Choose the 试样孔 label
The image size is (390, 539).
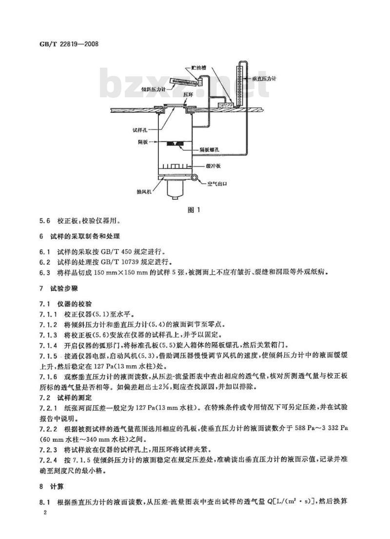pyautogui.click(x=140, y=130)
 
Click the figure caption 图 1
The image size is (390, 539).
pyautogui.click(x=195, y=210)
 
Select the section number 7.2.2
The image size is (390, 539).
pyautogui.click(x=49, y=429)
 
